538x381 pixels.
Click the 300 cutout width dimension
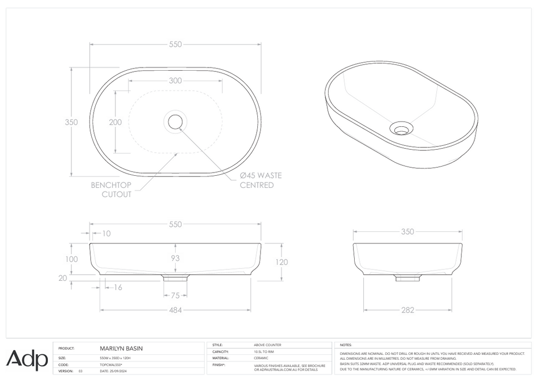175,81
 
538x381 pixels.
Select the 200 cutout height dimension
115,122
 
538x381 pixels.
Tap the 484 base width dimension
175,310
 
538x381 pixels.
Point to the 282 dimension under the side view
407,310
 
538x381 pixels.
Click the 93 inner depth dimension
175,259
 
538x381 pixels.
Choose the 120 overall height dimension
281,262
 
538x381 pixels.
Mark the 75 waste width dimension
175,296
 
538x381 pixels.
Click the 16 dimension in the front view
117,287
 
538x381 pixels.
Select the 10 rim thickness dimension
106,233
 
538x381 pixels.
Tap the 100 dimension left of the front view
72,259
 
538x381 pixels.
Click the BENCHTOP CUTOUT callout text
111,189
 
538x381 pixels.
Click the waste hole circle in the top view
175,121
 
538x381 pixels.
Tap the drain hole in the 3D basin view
401,129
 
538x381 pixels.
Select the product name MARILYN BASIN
121,348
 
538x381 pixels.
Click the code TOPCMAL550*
112,365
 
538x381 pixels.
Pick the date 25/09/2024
115,371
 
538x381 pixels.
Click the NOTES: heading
346,345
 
